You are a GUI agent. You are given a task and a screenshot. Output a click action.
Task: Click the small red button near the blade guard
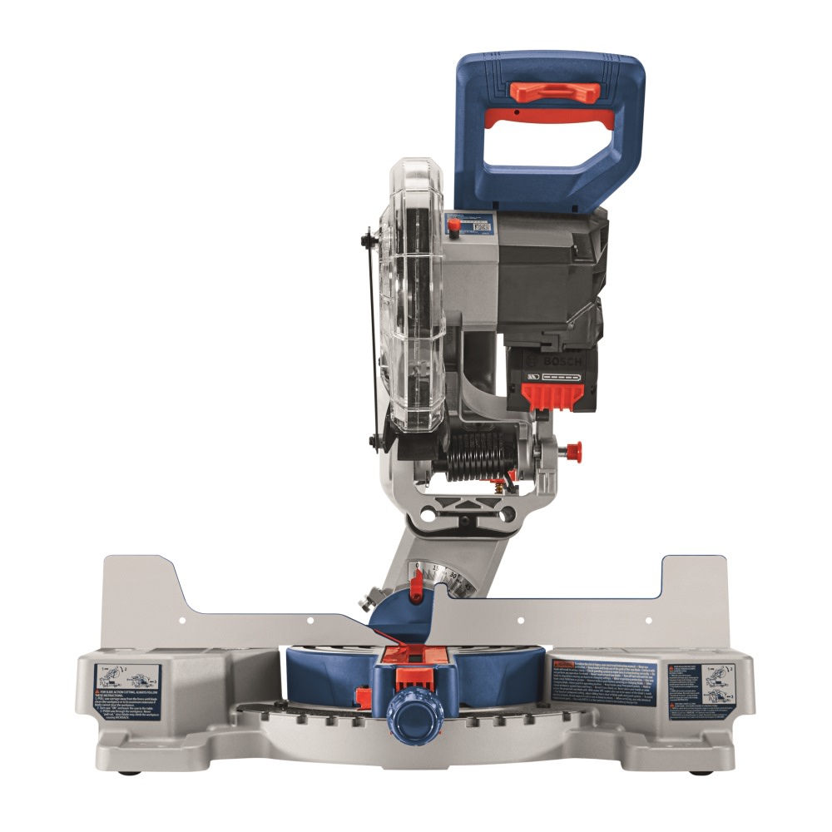click(x=454, y=226)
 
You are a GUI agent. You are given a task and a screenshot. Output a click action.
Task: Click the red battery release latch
click(x=551, y=396)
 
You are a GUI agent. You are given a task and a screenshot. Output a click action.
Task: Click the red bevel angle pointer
click(x=418, y=582)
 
